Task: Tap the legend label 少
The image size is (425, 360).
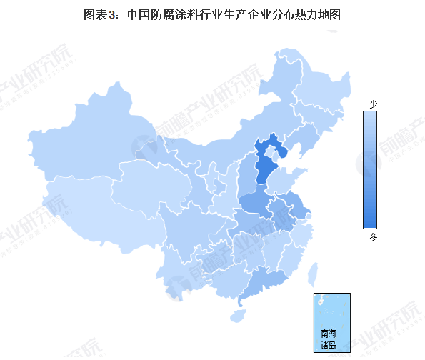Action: [x=373, y=104]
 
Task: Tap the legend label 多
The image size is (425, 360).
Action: [x=373, y=237]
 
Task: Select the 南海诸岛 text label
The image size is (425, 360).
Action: [x=328, y=339]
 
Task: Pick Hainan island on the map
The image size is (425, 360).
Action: [x=241, y=312]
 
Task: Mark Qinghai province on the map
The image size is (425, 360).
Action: [x=146, y=182]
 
